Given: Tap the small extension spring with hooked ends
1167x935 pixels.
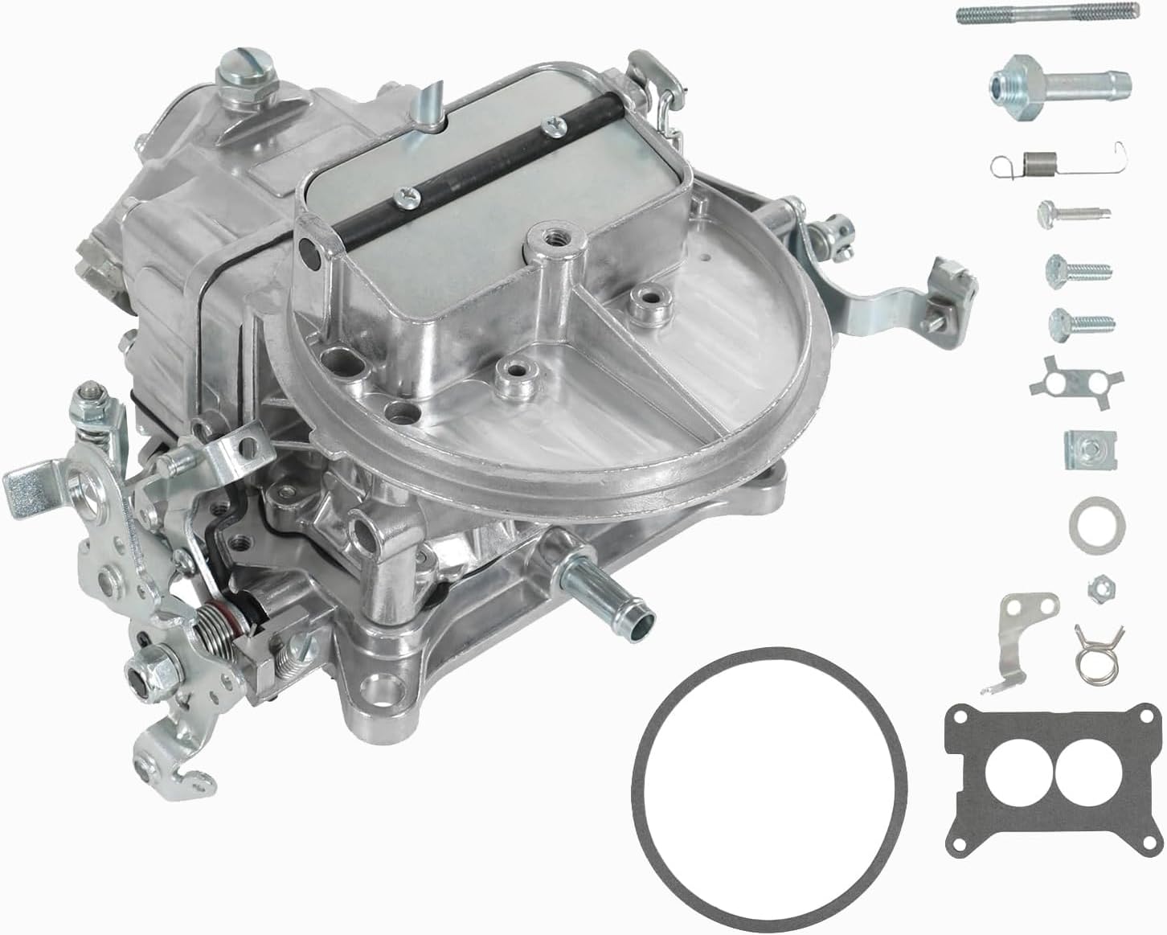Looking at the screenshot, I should point(1053,165).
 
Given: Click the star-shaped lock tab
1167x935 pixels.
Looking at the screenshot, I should point(1063,375).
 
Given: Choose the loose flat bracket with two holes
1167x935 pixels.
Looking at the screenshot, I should point(1019,635).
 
